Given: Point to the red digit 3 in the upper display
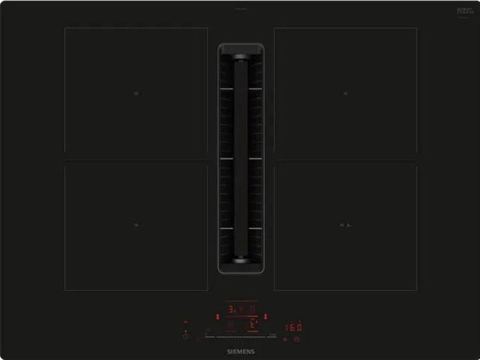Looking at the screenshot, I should (231, 309).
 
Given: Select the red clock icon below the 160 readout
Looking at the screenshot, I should (296, 339).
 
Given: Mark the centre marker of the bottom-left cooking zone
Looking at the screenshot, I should (136, 225).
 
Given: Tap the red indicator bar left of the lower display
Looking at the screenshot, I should (217, 315).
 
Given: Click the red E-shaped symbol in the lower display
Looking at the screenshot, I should (253, 325).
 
